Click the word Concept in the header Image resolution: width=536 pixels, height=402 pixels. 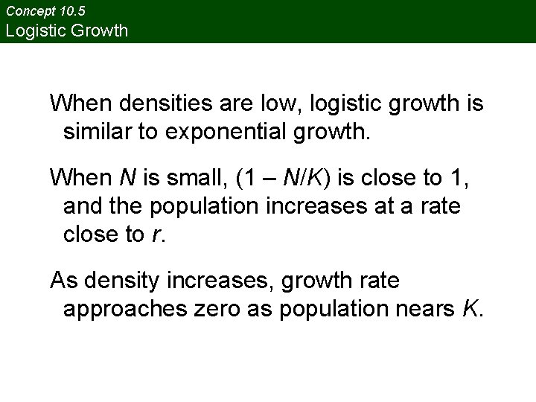pyautogui.click(x=31, y=11)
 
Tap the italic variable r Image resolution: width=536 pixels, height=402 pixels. pyautogui.click(x=154, y=236)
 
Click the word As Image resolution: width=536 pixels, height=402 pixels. pyautogui.click(x=64, y=281)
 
